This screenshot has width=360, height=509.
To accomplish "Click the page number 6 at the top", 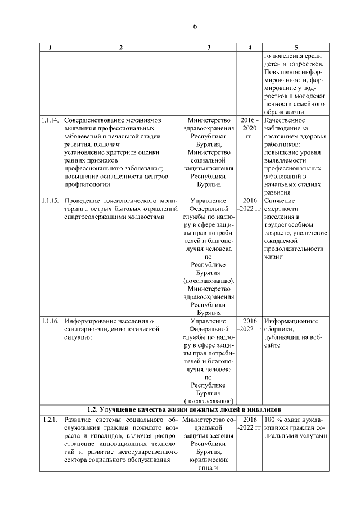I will (x=195, y=26).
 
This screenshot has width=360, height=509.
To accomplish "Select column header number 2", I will (x=120, y=47).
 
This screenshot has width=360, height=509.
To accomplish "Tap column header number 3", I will (x=209, y=47).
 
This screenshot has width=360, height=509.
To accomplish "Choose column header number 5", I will (x=295, y=47).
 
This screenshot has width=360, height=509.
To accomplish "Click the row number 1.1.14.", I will (x=50, y=120).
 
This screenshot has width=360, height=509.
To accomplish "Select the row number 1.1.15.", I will (x=50, y=200).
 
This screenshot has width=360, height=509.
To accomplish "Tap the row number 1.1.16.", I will (x=50, y=321).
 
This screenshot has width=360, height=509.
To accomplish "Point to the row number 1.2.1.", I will (x=49, y=420).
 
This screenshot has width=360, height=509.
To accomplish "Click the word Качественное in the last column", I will (x=285, y=120).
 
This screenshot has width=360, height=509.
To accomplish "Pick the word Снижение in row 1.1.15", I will (x=278, y=200).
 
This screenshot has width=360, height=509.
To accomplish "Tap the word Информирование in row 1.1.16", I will (x=90, y=321).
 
